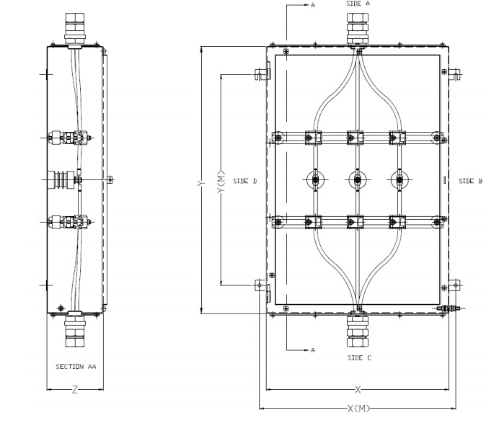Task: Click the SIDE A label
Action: click(x=358, y=4)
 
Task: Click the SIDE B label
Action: click(x=470, y=181)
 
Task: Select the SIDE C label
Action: click(x=358, y=357)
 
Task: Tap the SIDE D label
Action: click(x=246, y=181)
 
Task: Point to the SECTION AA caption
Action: click(x=76, y=367)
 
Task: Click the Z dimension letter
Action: click(x=75, y=389)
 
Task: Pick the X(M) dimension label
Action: click(x=358, y=409)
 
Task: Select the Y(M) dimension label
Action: click(x=221, y=181)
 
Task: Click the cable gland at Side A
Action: click(x=358, y=29)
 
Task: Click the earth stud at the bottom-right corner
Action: click(x=450, y=308)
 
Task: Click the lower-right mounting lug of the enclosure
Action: click(x=455, y=285)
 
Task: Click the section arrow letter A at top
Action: click(x=313, y=5)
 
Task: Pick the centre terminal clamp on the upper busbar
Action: click(x=355, y=137)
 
